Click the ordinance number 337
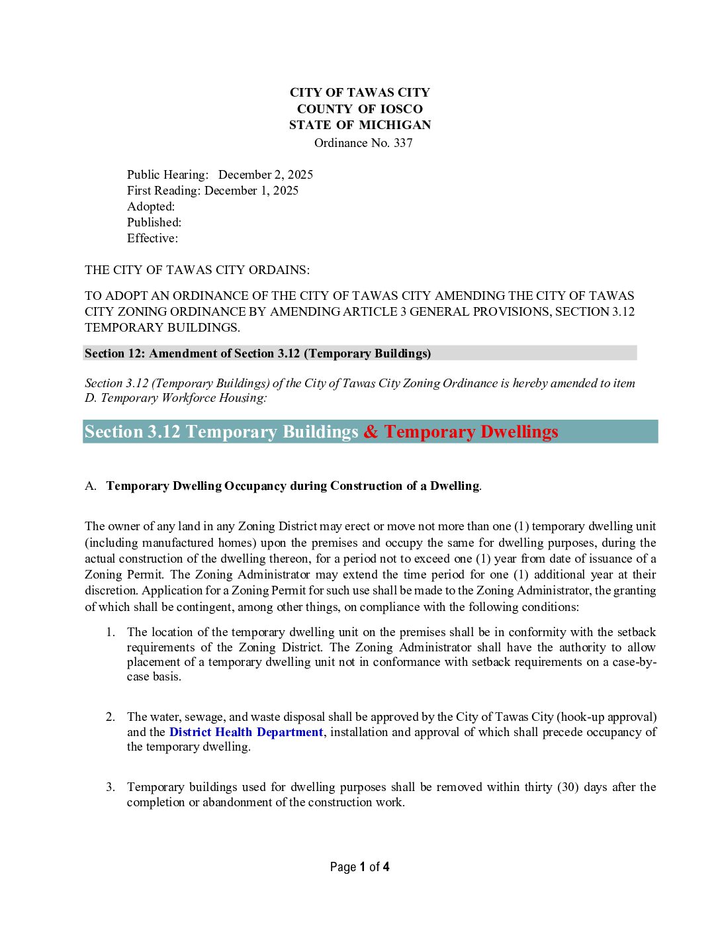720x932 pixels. [x=403, y=143]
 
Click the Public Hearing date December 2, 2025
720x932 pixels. [x=265, y=175]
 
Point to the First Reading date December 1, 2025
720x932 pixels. [x=251, y=191]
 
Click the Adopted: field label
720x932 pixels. [x=151, y=207]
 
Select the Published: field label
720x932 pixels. [x=154, y=222]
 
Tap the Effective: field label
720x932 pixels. [x=152, y=238]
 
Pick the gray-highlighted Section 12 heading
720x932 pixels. [x=257, y=353]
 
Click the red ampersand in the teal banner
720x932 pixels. [x=371, y=432]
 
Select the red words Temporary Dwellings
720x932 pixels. [x=471, y=432]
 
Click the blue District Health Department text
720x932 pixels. [x=246, y=732]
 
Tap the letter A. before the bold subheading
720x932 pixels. [x=91, y=486]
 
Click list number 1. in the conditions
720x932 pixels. [x=111, y=632]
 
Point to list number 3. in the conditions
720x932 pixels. [x=111, y=787]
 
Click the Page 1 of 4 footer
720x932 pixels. [x=359, y=867]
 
